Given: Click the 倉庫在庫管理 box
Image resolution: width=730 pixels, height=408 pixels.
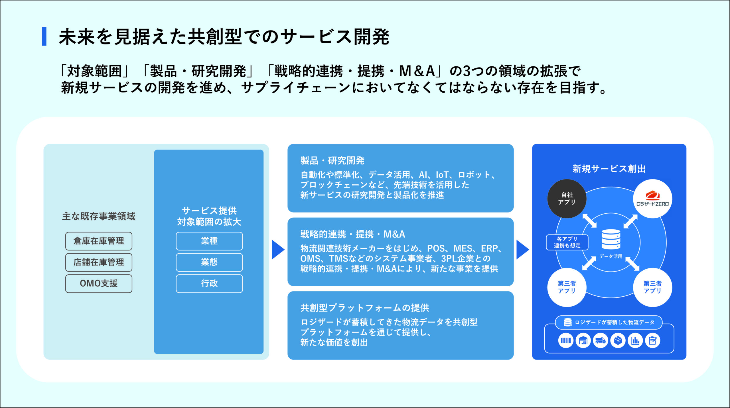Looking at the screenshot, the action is point(99,241).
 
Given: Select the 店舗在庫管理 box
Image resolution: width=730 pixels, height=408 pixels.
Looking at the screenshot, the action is point(99,262).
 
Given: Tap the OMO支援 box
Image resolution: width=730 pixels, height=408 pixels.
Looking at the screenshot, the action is point(99,283).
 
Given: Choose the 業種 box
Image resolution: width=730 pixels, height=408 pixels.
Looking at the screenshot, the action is point(209,241).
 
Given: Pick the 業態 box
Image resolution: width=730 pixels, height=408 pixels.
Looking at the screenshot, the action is point(209,262).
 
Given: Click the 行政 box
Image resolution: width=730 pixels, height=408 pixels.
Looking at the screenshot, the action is point(209,283).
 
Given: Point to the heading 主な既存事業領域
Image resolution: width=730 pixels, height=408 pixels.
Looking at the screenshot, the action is point(99,216).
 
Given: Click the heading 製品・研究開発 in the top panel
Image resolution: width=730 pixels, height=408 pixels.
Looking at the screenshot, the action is point(332,161).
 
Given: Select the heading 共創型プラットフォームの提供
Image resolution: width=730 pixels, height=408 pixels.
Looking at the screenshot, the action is point(365,308).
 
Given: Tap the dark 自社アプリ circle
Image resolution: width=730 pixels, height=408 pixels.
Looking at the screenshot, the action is point(567,199).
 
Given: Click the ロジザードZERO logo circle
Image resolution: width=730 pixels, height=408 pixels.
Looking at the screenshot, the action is point(652,199).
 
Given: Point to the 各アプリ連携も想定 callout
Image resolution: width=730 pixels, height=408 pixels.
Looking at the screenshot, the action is point(567,242).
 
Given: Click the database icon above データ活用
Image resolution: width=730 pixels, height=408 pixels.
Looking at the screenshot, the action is point(611,239).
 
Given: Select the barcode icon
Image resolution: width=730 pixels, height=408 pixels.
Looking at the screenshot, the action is point(566,340).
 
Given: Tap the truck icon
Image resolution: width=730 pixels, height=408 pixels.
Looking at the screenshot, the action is point(601,340).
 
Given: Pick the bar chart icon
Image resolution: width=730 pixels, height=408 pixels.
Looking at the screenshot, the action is point(635,340).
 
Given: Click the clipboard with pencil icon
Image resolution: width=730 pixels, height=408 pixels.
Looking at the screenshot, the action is point(652,340).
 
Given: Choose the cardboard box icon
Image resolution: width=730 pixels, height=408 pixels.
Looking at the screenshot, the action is point(618,340).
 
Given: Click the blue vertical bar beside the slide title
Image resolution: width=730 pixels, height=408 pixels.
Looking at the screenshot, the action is point(44,36).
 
